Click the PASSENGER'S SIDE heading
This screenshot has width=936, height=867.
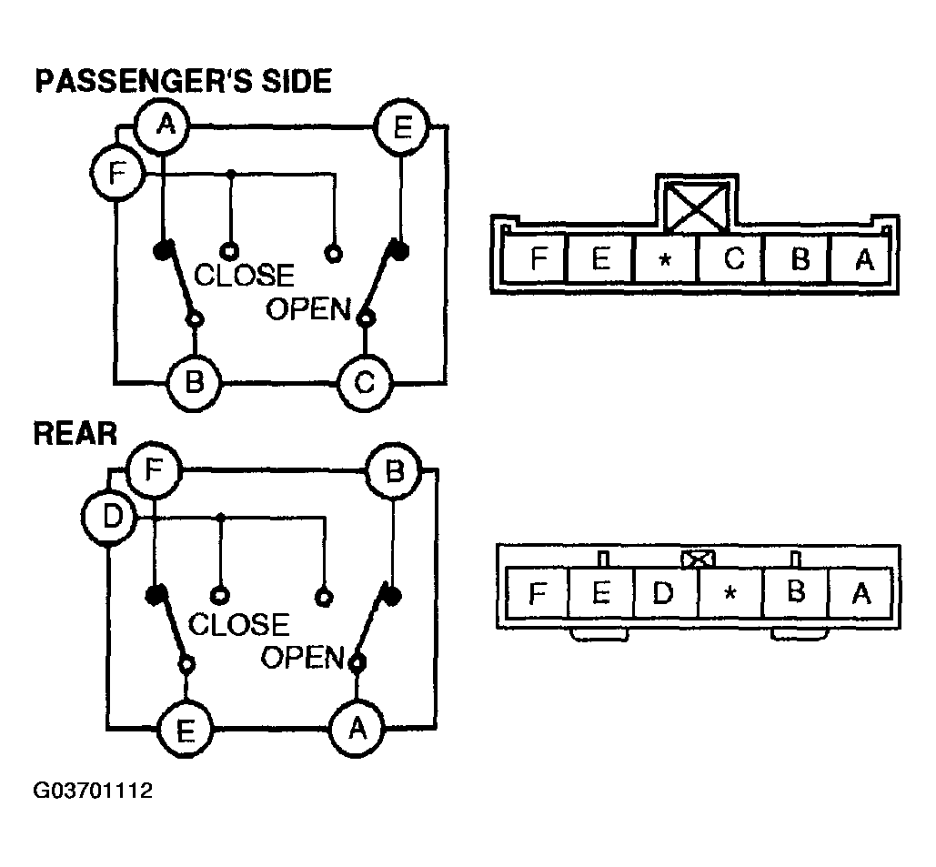183,82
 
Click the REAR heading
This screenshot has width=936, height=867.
75,433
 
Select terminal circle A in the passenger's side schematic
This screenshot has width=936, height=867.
164,126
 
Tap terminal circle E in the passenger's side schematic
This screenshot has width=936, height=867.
403,128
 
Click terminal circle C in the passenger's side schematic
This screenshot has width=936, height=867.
365,383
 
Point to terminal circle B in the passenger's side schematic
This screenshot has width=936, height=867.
194,381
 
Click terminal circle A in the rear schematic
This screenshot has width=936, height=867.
357,727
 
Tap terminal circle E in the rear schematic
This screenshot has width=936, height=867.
186,730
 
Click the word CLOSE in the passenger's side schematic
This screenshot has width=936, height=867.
245,275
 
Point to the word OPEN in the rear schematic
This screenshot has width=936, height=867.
301,657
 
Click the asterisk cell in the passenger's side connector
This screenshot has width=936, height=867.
665,261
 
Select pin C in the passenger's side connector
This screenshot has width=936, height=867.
733,260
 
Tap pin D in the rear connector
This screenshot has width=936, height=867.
664,595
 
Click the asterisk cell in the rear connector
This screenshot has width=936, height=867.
730,595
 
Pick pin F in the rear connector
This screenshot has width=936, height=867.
538,595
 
